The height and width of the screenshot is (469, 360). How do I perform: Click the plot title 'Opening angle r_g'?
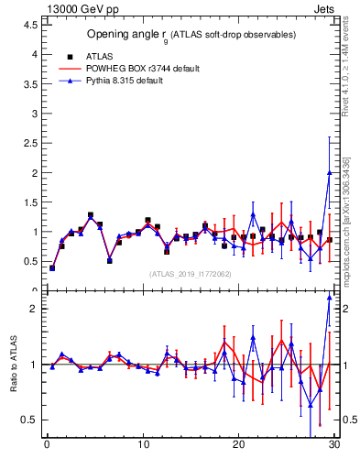(191, 35)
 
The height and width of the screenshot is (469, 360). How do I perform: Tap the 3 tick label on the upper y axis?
(35, 114)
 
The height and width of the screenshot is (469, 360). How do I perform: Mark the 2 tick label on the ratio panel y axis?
(35, 309)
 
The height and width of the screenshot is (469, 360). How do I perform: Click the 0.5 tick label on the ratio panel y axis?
(31, 420)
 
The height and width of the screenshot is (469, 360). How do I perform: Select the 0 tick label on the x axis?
(47, 446)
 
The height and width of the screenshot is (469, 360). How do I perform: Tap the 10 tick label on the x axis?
(142, 446)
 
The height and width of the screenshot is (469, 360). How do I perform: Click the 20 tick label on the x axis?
(238, 446)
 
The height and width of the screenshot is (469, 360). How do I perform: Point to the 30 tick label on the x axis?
(333, 446)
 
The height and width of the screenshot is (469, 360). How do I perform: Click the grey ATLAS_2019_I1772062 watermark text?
(191, 273)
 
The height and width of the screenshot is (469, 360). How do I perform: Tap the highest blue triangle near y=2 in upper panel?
(329, 172)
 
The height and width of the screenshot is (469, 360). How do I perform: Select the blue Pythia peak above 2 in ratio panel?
(329, 297)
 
